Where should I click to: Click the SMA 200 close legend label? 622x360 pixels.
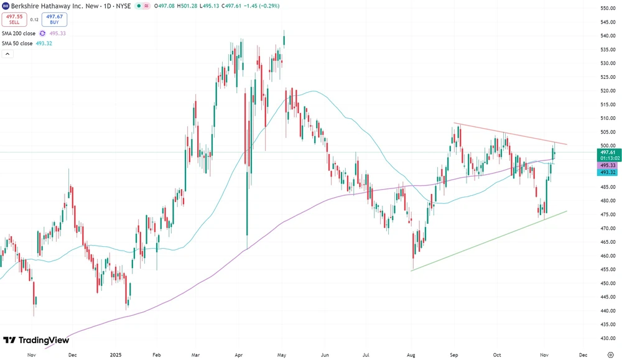coord(19,33)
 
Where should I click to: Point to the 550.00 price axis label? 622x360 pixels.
coord(608,8)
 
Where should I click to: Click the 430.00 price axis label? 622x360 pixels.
coord(608,338)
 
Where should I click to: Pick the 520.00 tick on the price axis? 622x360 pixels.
coord(608,91)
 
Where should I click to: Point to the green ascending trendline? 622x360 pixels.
coord(485,242)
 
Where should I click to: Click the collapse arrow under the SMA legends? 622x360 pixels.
coord(7,54)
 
